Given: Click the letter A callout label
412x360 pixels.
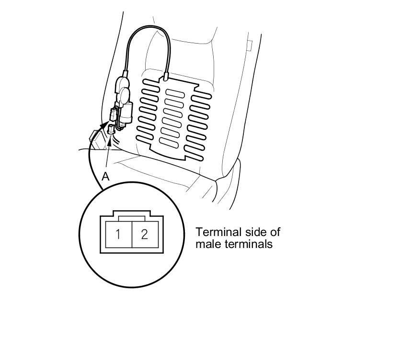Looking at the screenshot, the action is click(x=106, y=176).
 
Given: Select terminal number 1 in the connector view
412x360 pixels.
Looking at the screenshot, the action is click(x=118, y=235).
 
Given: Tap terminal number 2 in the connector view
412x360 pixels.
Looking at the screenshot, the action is click(x=144, y=235).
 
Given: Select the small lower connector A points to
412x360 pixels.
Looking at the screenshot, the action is click(x=112, y=128).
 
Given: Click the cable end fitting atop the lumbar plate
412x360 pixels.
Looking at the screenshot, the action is click(x=165, y=75).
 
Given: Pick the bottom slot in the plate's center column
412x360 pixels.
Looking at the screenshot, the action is click(x=169, y=142).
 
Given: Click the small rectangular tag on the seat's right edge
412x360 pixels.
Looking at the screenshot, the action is click(x=249, y=45).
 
